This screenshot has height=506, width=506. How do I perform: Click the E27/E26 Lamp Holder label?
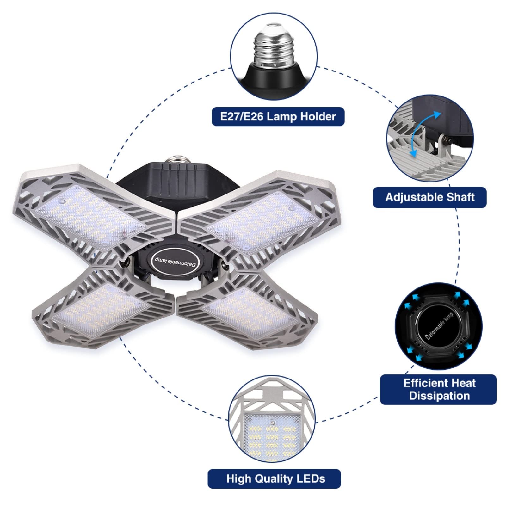[x=278, y=117]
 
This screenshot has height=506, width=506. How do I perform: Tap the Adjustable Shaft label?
[x=430, y=197]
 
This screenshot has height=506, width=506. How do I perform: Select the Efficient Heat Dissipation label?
[x=438, y=389]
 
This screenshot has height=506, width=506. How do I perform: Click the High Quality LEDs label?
[x=274, y=478]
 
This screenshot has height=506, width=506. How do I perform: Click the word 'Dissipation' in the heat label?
[x=439, y=396]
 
